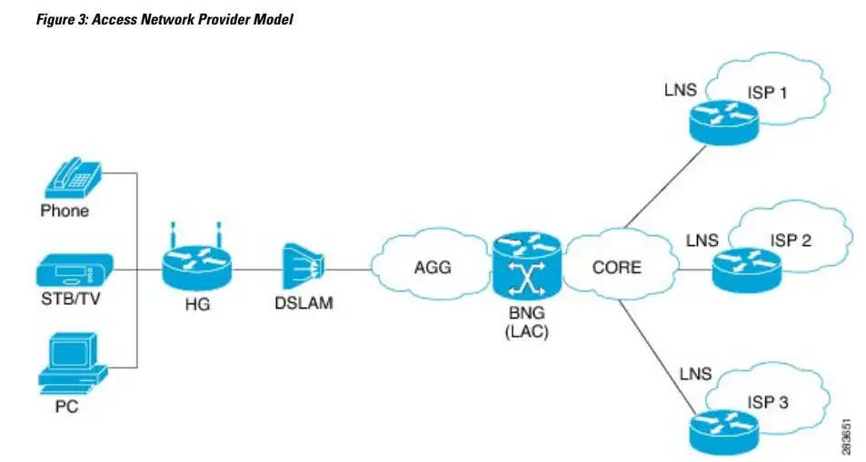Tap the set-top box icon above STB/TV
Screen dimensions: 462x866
(75, 270)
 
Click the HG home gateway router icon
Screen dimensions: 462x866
(196, 262)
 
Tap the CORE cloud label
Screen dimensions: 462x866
(615, 267)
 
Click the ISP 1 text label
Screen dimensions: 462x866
(769, 93)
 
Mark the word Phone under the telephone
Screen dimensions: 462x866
(65, 211)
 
